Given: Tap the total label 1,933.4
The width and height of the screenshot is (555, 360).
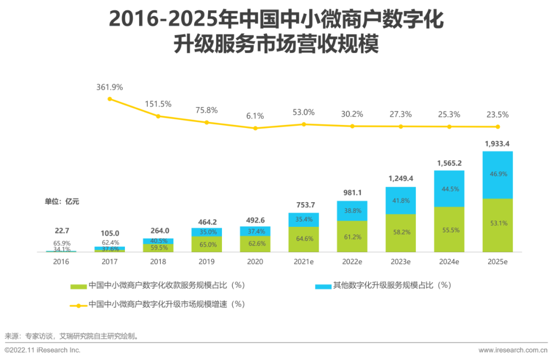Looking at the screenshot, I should click(497, 143).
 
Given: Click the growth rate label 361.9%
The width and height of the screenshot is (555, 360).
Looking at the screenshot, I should click(109, 87).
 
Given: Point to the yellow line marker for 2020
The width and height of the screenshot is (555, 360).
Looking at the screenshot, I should click(255, 128).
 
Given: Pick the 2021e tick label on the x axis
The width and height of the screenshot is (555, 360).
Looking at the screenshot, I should click(304, 261).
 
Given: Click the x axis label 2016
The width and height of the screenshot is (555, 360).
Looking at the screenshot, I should click(61, 261).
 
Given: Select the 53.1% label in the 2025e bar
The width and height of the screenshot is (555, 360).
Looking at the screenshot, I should click(497, 223).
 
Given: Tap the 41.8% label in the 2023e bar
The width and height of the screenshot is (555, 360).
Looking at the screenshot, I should click(400, 201).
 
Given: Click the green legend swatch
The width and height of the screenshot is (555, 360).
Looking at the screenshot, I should click(78, 285).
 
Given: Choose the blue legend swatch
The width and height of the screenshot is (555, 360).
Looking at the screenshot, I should click(323, 285).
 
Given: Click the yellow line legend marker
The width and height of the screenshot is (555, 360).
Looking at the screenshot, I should click(78, 305).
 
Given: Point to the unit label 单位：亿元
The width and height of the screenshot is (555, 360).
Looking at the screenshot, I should click(62, 202).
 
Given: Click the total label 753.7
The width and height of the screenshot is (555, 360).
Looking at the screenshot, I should click(304, 205).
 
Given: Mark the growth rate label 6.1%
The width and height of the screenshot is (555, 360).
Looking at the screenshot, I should click(255, 116).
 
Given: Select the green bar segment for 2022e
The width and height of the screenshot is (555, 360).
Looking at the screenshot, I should click(352, 237).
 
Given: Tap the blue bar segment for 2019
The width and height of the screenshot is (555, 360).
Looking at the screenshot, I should click(207, 232).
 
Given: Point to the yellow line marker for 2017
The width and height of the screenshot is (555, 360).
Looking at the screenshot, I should click(109, 99).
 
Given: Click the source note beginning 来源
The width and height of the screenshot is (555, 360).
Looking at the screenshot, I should click(71, 336).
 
